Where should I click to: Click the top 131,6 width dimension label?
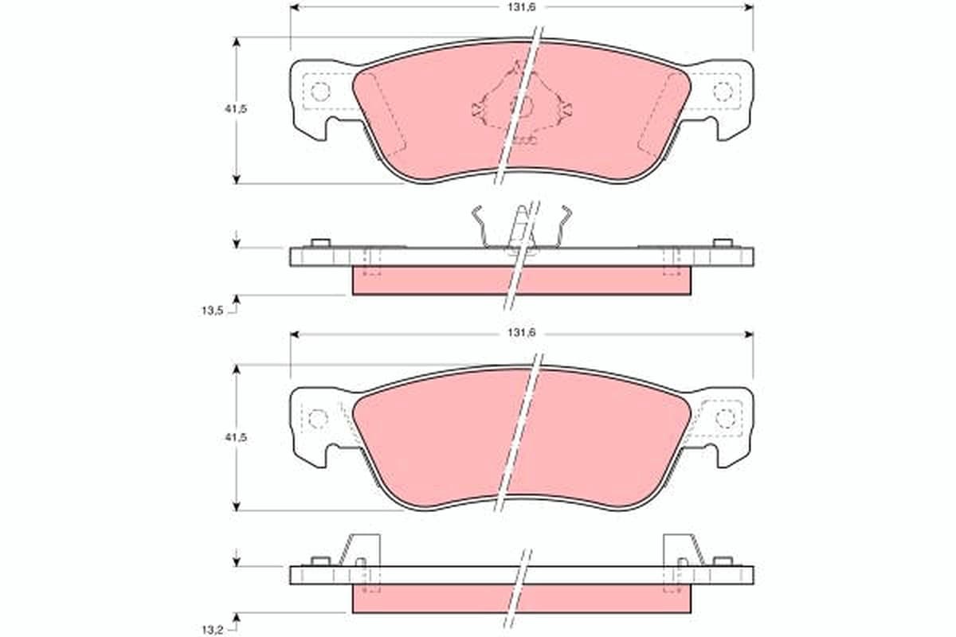point(522,8)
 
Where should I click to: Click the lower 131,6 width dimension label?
point(522,333)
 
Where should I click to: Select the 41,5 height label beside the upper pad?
point(236,109)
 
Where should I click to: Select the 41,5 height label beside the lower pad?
point(236,438)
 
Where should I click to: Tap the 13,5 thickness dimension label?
point(213,311)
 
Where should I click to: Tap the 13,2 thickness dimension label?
point(213,629)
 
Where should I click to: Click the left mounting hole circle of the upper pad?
point(320,91)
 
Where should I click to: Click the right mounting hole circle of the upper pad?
point(723,91)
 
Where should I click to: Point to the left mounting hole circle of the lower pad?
point(318,419)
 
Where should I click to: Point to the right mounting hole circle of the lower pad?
point(725,418)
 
